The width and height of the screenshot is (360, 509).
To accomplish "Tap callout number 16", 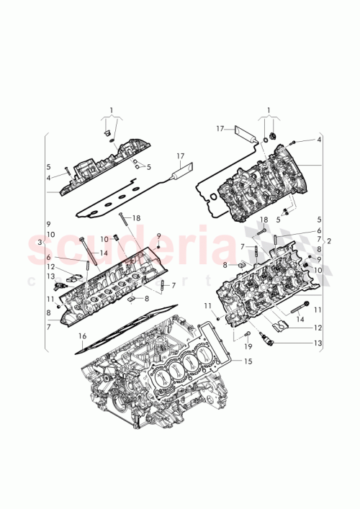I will coord(82,336).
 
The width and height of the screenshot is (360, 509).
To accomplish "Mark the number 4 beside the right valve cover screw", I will coord(318,140).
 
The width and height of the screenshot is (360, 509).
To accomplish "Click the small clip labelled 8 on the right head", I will coord(233,265).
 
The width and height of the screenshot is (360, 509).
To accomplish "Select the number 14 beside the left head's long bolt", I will coord(104,253).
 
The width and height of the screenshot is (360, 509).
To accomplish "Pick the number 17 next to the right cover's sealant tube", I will coord(220,129).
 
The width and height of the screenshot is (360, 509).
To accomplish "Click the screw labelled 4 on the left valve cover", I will coord(65,171).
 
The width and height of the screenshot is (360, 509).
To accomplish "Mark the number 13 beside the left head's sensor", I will coord(50,276).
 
